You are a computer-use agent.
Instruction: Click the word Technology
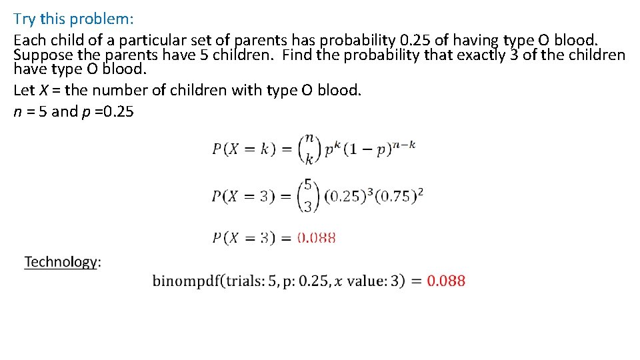(x=61, y=261)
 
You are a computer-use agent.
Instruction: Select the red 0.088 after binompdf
(x=446, y=281)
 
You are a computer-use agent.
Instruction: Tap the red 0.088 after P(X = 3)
(x=317, y=237)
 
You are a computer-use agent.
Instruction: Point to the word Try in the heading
(x=25, y=19)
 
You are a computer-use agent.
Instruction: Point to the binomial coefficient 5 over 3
(x=307, y=195)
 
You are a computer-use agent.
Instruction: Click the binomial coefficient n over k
(x=307, y=149)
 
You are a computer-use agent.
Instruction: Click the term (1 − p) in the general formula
(x=365, y=149)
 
